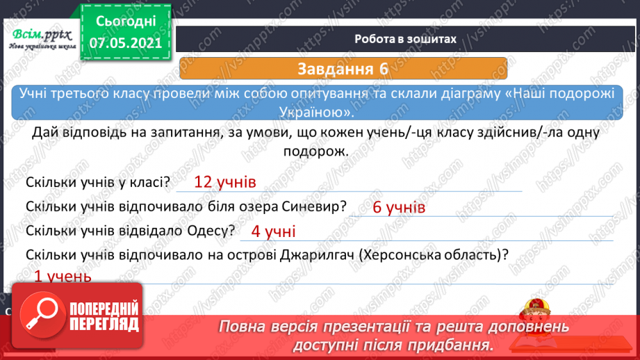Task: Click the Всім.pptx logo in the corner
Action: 41,38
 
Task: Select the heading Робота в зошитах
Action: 405,39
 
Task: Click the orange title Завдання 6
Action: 342,69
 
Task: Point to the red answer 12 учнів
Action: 225,182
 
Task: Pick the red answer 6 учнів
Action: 399,207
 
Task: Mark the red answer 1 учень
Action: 63,277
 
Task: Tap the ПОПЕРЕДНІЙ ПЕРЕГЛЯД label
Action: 101,316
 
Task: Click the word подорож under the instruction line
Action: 320,152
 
